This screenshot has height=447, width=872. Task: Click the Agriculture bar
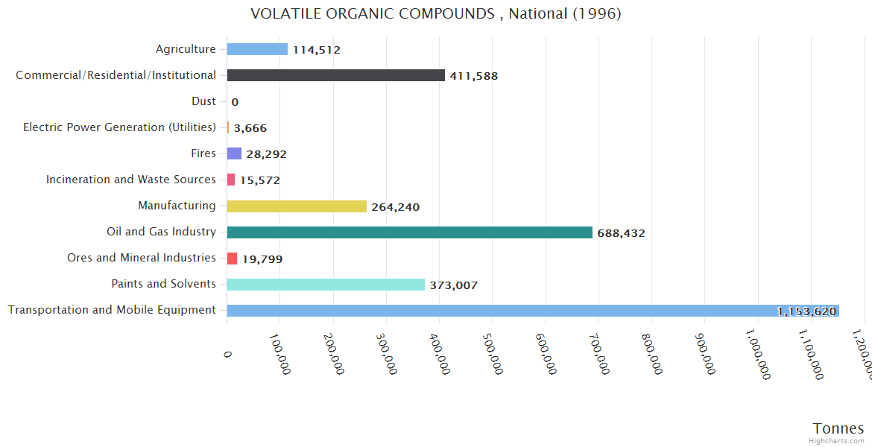tap(257, 49)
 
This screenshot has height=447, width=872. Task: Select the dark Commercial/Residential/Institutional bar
tap(335, 75)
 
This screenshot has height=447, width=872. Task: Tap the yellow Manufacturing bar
tap(297, 206)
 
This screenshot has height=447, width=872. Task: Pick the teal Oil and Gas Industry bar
tap(409, 232)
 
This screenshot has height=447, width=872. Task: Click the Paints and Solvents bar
tap(326, 285)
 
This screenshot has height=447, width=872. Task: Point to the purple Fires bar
tap(234, 153)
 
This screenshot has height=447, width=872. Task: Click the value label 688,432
tap(621, 233)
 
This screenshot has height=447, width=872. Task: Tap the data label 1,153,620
tap(806, 311)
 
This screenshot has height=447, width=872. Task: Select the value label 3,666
tap(250, 128)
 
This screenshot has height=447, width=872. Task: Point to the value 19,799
tap(262, 259)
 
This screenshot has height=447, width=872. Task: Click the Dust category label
tap(203, 101)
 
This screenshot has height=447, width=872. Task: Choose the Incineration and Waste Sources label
tap(131, 180)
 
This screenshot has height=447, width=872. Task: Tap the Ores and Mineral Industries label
tap(142, 258)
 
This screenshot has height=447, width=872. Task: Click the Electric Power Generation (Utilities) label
tap(119, 127)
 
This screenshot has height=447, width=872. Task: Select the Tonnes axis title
tap(838, 428)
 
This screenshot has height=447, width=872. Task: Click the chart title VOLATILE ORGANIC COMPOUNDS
tap(436, 13)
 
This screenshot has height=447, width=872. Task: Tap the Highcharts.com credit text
tap(837, 441)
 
